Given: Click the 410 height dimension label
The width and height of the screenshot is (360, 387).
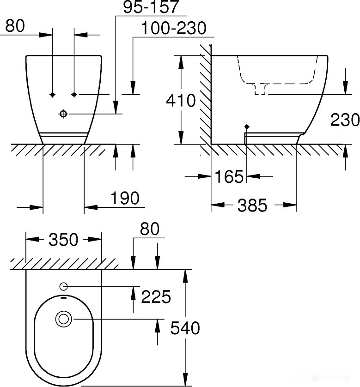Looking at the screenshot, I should (181, 100).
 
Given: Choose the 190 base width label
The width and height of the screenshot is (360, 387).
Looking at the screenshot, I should (124, 199).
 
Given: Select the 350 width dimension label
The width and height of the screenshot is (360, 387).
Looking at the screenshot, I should (63, 239).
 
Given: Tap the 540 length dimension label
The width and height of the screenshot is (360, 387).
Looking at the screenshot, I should (185, 328).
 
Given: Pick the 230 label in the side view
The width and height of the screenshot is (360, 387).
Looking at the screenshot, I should (345, 120).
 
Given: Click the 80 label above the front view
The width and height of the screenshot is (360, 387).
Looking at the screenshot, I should (15, 26).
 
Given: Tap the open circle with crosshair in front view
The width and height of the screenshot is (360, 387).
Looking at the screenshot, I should (63, 114).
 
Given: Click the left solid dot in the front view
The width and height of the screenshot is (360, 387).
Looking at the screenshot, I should (53, 94).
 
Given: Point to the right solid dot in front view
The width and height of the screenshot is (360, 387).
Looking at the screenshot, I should (74, 94).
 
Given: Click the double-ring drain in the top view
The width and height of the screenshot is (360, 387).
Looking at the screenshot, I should (63, 319).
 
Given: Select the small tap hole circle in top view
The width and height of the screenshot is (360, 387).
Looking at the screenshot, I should (63, 287).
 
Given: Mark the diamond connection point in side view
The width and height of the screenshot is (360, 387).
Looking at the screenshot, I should (247, 127).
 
